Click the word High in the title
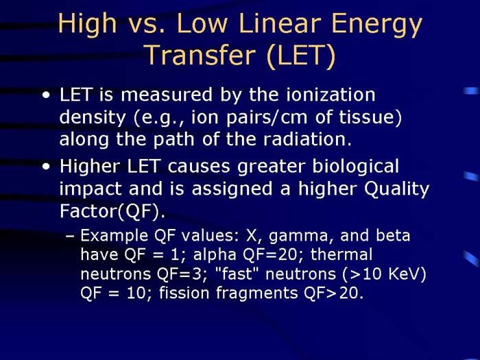(86, 25)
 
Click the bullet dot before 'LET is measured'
(45, 95)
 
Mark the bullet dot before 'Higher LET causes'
(45, 167)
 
